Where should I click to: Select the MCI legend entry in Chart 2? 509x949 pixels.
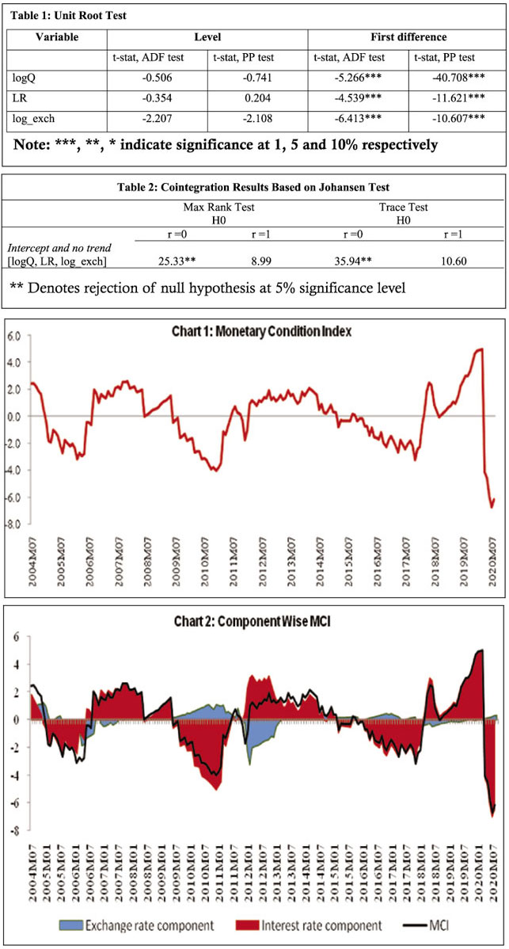pyautogui.click(x=442, y=924)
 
